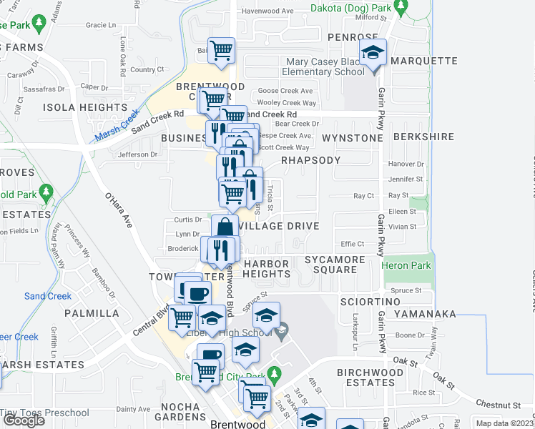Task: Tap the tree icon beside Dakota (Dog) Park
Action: (x=401, y=6)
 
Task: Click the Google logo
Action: (x=24, y=420)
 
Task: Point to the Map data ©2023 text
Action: (x=505, y=423)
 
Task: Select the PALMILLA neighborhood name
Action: (x=92, y=313)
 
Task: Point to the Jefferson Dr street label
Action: (x=137, y=154)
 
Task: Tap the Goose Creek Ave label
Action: (x=285, y=91)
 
